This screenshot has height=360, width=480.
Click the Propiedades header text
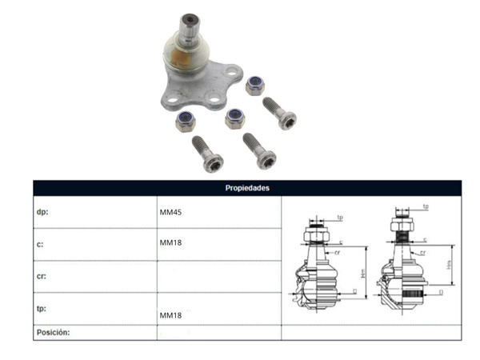[247, 188]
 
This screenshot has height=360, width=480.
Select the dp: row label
[43, 213]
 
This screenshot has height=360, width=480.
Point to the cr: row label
[42, 276]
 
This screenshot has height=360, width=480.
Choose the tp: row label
[42, 308]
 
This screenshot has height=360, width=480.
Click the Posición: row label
[54, 331]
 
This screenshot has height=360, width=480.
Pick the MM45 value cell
[171, 213]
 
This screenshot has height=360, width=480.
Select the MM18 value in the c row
[171, 242]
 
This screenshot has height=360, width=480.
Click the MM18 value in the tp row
[171, 316]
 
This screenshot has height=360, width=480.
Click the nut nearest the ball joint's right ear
[255, 86]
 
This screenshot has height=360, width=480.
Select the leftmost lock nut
[186, 122]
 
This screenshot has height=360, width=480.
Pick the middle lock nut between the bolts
[234, 118]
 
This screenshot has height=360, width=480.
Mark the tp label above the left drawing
[339, 217]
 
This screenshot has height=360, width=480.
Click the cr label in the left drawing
[338, 252]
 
